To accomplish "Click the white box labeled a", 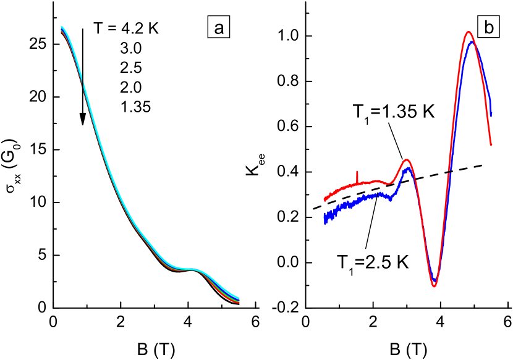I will (x=218, y=28).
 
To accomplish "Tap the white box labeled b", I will (x=488, y=28).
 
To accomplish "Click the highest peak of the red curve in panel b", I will (x=468, y=32).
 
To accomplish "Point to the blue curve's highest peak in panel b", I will (x=472, y=43).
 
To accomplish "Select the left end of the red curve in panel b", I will (x=325, y=199).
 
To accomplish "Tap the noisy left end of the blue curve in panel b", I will (x=326, y=217).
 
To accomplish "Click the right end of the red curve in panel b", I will (x=491, y=145).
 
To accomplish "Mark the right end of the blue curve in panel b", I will (x=491, y=115).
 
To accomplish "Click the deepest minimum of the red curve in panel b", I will (x=435, y=286).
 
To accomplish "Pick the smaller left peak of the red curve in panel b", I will (x=406, y=160).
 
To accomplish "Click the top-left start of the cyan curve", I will (x=62, y=27).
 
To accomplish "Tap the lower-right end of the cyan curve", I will (x=239, y=298).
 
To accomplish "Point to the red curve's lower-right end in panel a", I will (x=239, y=303).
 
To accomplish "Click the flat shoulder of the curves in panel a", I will (x=189, y=270).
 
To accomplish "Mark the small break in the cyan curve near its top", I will (x=83, y=82).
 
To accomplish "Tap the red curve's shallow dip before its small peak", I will (x=389, y=183).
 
